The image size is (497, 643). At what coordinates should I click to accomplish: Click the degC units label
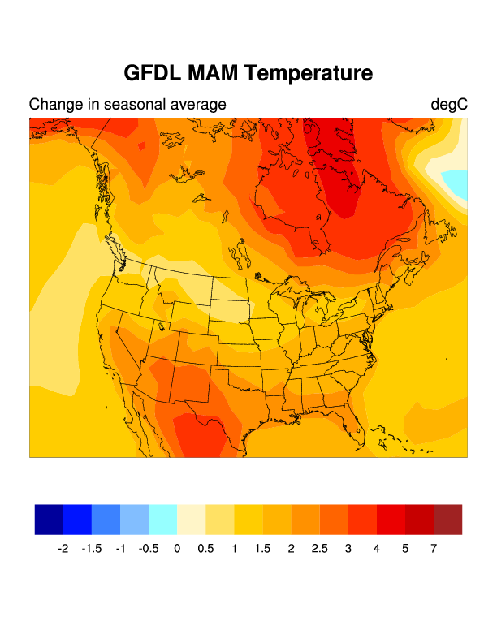pyautogui.click(x=448, y=105)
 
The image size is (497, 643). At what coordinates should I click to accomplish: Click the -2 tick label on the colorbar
pyautogui.click(x=63, y=549)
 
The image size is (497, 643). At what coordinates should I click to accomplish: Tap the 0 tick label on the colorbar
pyautogui.click(x=177, y=549)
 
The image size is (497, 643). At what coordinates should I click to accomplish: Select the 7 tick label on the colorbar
pyautogui.click(x=434, y=549)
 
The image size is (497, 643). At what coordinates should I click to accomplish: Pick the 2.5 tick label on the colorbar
pyautogui.click(x=320, y=549)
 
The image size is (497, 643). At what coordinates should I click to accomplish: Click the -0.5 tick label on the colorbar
pyautogui.click(x=149, y=549)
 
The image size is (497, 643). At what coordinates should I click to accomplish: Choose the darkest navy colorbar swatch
pyautogui.click(x=49, y=520)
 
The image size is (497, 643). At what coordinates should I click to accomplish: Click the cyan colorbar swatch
pyautogui.click(x=162, y=520)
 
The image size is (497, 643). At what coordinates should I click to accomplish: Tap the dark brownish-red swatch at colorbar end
pyautogui.click(x=447, y=520)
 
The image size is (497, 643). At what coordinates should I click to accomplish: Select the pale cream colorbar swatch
pyautogui.click(x=191, y=520)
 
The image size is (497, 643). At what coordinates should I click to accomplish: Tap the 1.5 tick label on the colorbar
pyautogui.click(x=262, y=549)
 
